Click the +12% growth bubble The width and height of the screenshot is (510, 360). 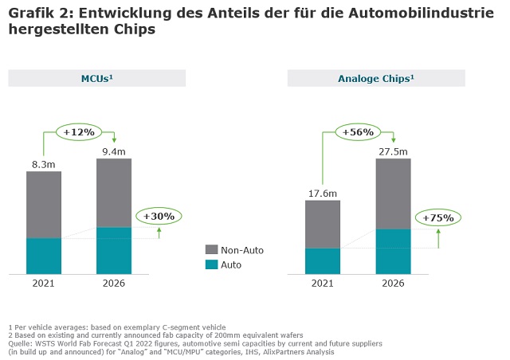(79, 131)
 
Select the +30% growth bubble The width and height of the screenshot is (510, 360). (159, 216)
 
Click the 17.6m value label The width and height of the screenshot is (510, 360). (323, 192)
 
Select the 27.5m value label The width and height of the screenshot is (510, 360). (393, 151)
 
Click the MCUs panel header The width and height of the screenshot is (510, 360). (96, 78)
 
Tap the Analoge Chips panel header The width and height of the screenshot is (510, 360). (376, 78)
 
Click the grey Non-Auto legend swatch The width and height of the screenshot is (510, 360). (211, 250)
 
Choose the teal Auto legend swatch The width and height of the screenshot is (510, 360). (211, 264)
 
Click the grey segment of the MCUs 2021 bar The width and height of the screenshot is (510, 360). (44, 205)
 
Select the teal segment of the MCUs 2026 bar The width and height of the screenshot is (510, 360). (114, 251)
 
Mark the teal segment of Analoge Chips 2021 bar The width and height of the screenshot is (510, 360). (323, 260)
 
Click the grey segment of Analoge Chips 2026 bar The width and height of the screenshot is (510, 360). (393, 194)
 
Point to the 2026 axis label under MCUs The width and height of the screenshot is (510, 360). (114, 284)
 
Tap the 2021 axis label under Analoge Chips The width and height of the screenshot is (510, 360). (323, 284)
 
